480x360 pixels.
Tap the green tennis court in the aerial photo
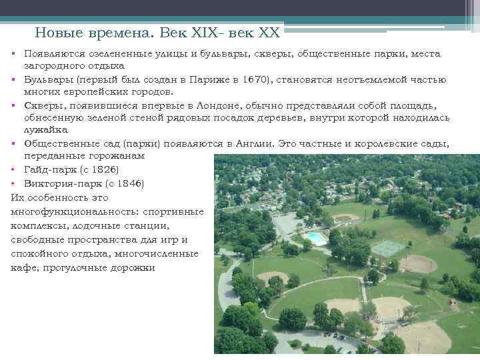click(x=388, y=248)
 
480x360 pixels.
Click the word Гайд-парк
click(x=47, y=169)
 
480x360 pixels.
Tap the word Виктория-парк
click(x=57, y=183)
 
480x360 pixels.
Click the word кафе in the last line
click(x=23, y=267)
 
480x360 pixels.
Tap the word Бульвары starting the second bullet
click(x=49, y=79)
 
